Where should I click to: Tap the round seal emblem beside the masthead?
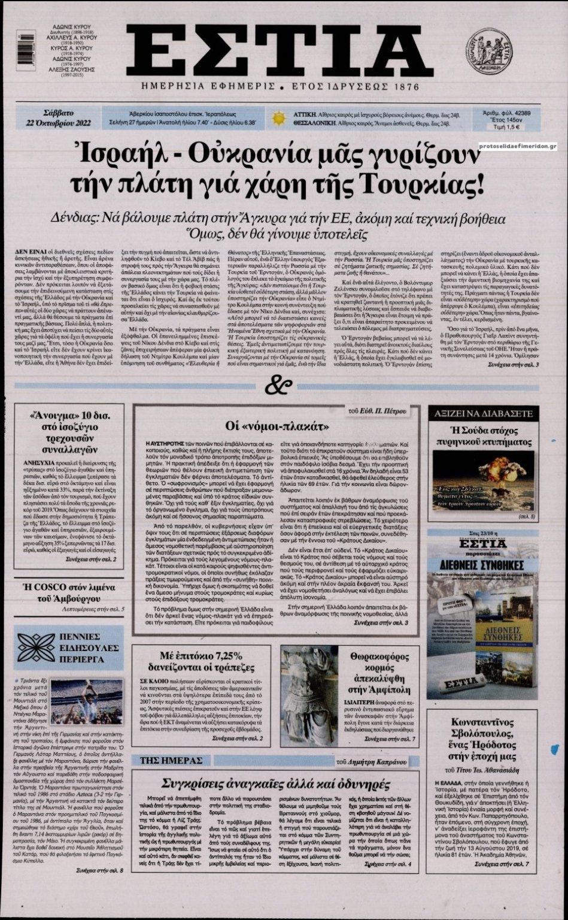pyautogui.click(x=488, y=53)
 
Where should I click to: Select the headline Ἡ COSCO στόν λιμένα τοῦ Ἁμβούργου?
pyautogui.click(x=69, y=591)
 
